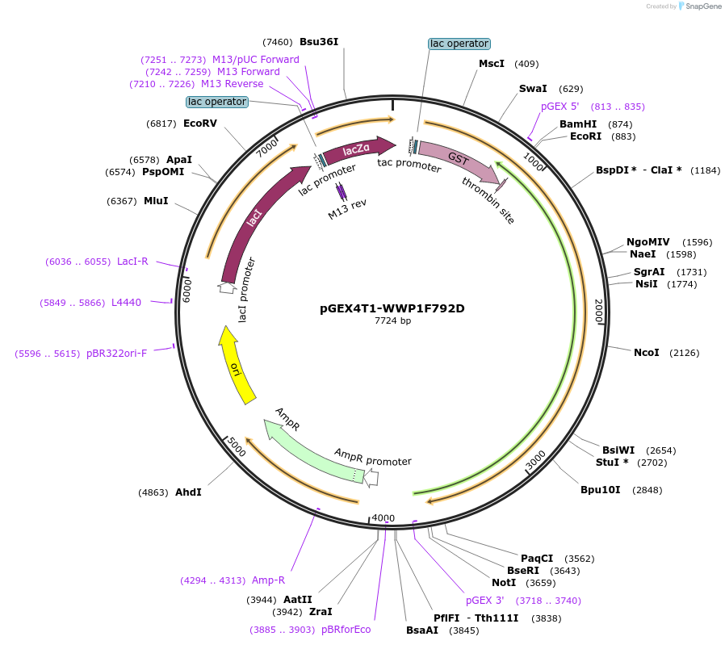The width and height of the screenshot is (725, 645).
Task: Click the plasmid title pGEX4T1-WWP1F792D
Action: coord(392,308)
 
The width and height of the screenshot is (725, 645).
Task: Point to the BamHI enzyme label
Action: coord(578,124)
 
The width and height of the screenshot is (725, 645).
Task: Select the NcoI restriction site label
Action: coord(646,353)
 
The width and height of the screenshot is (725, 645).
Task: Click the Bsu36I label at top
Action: coord(319,41)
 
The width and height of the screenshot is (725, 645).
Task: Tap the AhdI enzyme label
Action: coord(188,492)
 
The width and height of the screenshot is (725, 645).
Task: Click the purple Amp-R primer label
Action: coord(269,580)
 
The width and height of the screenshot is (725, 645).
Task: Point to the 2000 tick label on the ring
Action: coord(599,311)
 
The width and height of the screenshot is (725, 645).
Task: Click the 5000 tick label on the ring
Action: coord(235,446)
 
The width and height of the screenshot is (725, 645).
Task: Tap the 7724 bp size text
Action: coord(392,321)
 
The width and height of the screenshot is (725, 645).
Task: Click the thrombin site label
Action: coord(488,200)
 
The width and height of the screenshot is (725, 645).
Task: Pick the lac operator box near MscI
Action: coord(459,44)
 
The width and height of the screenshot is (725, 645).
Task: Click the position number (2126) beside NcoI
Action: coord(683,353)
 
